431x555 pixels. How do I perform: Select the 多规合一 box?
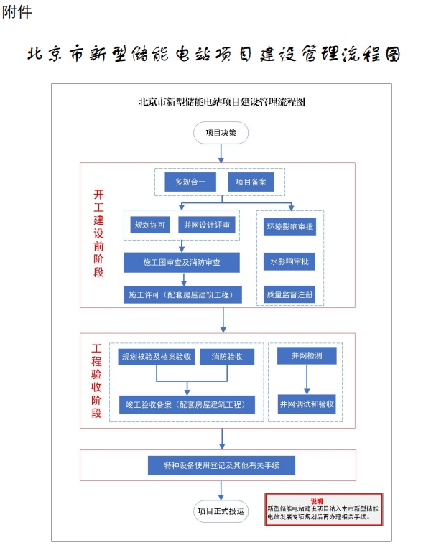point(190,182)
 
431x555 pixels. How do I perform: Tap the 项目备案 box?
point(251,182)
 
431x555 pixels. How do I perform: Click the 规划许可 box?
point(151,225)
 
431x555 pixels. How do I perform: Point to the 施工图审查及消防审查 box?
point(182,262)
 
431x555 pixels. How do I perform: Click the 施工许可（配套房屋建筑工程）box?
point(181,294)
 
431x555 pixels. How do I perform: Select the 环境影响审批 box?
point(290,227)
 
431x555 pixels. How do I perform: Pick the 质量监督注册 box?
point(290,294)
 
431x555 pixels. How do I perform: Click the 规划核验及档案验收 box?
point(156,357)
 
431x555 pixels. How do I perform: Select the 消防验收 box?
point(226,357)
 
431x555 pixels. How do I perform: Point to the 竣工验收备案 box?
point(187,404)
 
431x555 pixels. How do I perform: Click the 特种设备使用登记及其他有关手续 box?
point(221,465)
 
